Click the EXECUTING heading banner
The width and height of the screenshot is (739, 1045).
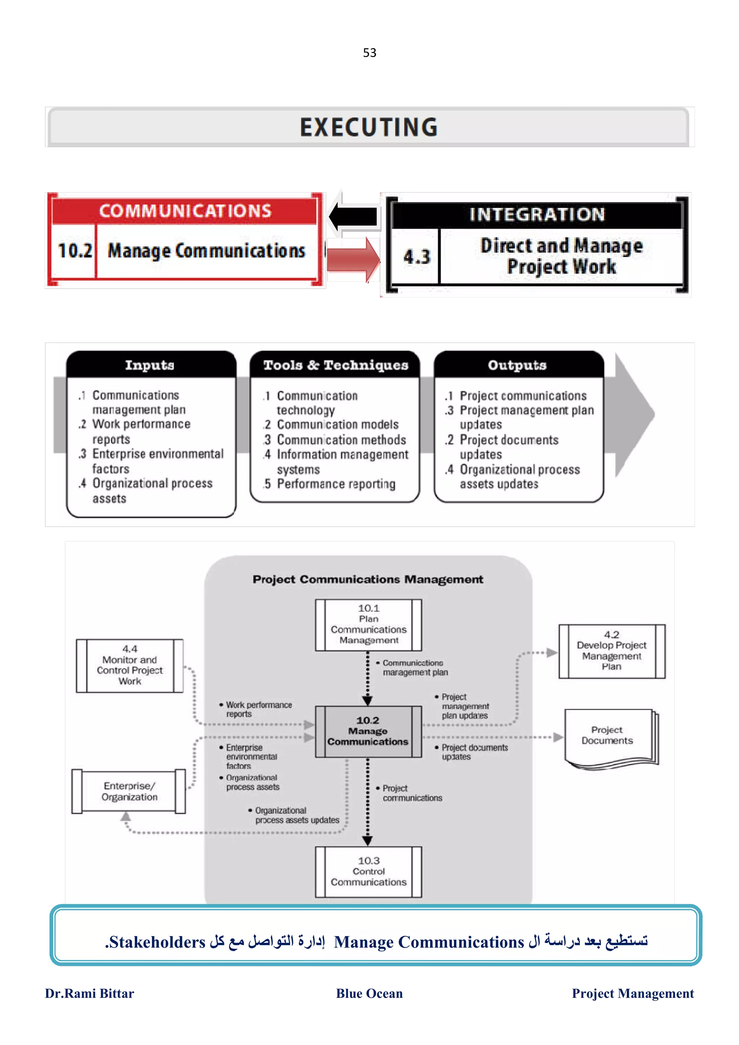[x=369, y=127]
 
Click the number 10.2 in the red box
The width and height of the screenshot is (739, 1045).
[x=75, y=251]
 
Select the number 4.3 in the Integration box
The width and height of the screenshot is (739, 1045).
[x=416, y=257]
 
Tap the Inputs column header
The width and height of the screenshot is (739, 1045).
[x=150, y=365]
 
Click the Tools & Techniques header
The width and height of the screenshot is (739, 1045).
[x=336, y=365]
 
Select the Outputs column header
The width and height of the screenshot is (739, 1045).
[x=517, y=365]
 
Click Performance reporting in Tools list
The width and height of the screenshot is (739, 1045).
[x=336, y=484]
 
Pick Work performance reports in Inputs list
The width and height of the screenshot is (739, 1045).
[x=141, y=431]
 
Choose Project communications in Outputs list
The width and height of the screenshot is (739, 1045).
[x=523, y=396]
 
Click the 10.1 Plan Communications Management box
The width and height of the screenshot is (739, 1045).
[x=368, y=625]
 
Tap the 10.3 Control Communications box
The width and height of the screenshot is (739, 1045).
[x=368, y=871]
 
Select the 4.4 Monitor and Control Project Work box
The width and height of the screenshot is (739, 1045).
[x=130, y=665]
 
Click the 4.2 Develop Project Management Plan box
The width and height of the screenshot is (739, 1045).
[x=612, y=651]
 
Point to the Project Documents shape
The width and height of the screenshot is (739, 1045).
[x=607, y=736]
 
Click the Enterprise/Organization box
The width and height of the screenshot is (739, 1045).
[x=129, y=792]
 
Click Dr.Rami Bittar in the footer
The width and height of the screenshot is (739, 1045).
[x=89, y=993]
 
